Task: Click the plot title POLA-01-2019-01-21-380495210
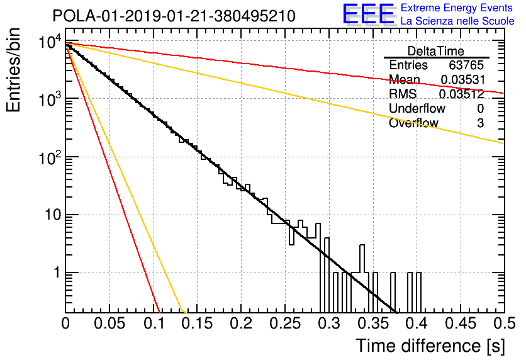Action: pyautogui.click(x=174, y=16)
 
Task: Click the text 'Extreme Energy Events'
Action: pyautogui.click(x=457, y=8)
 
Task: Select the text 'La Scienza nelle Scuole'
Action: pyautogui.click(x=457, y=21)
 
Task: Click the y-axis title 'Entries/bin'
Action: pyautogui.click(x=13, y=70)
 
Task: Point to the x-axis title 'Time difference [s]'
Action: pyautogui.click(x=430, y=346)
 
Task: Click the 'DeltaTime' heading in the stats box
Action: pyautogui.click(x=436, y=51)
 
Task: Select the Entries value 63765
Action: pyautogui.click(x=466, y=65)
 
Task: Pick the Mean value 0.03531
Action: pyautogui.click(x=463, y=79)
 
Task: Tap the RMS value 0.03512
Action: pyautogui.click(x=462, y=94)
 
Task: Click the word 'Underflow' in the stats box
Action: pyautogui.click(x=417, y=108)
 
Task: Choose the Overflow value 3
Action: pyautogui.click(x=480, y=123)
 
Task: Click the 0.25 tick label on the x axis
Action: pyautogui.click(x=285, y=323)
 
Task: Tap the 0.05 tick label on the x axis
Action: pyautogui.click(x=109, y=323)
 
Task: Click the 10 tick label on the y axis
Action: pyautogui.click(x=53, y=215)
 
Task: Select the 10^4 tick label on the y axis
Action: pyautogui.click(x=50, y=42)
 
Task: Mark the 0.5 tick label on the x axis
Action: pyautogui.click(x=505, y=323)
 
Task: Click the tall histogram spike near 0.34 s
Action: pyautogui.click(x=362, y=259)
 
